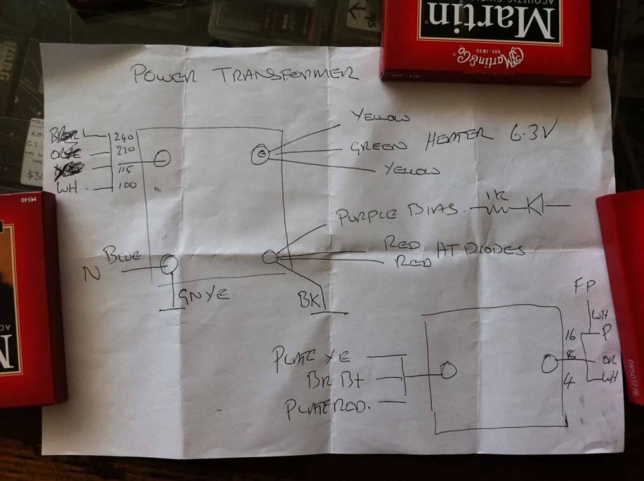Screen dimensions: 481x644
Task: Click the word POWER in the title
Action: (x=162, y=74)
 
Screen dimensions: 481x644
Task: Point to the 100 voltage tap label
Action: (x=127, y=186)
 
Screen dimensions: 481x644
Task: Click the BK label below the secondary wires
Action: (x=310, y=297)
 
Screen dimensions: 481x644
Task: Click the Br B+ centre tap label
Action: (x=334, y=381)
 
